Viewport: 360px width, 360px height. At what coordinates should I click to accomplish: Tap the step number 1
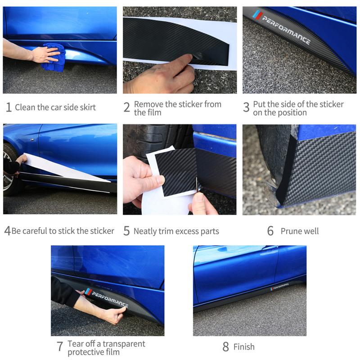pyautogui.click(x=9, y=108)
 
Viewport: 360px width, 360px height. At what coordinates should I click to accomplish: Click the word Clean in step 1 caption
pyautogui.click(x=26, y=107)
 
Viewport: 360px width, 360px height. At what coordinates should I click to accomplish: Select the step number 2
pyautogui.click(x=127, y=108)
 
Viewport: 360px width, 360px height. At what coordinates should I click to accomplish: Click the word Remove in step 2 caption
pyautogui.click(x=148, y=104)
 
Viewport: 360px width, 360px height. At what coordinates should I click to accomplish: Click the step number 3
pyautogui.click(x=246, y=108)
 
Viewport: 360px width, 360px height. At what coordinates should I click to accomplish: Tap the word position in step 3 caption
pyautogui.click(x=291, y=112)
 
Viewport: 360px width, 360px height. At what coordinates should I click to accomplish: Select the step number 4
pyautogui.click(x=7, y=231)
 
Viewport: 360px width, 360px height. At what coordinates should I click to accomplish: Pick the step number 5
pyautogui.click(x=126, y=231)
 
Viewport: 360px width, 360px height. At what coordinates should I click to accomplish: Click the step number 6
pyautogui.click(x=270, y=231)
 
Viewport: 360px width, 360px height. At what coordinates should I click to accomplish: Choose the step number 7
pyautogui.click(x=60, y=347)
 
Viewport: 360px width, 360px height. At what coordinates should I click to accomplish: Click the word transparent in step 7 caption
pyautogui.click(x=124, y=344)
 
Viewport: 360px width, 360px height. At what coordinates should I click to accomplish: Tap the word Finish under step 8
pyautogui.click(x=244, y=347)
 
